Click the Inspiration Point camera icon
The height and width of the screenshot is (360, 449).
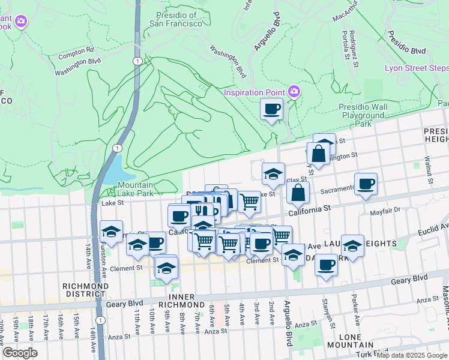294,92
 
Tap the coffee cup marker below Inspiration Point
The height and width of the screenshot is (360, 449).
271,110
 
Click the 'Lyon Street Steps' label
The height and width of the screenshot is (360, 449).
415,68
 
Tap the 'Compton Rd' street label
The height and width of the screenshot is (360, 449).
76,50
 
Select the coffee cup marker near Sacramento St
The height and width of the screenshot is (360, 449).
365,183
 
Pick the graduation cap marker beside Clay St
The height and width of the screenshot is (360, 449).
273,174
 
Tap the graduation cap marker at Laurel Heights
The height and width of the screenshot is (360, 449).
352,245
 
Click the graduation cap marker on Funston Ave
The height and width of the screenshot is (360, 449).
111,232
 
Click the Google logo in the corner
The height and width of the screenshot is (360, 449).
20,353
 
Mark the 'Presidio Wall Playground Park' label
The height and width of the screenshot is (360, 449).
363,115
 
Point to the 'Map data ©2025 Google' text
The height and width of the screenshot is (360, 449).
411,355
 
